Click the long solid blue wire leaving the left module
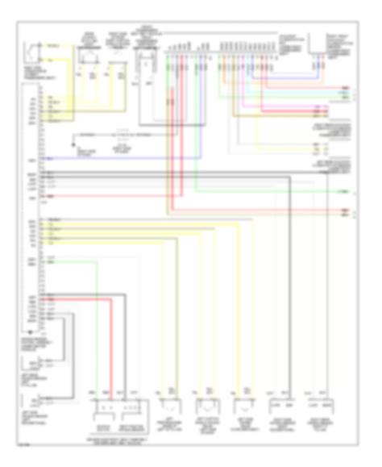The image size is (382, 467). [x=121, y=157]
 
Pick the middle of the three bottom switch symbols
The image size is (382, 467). [x=206, y=405]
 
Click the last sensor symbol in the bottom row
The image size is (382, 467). [x=319, y=406]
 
